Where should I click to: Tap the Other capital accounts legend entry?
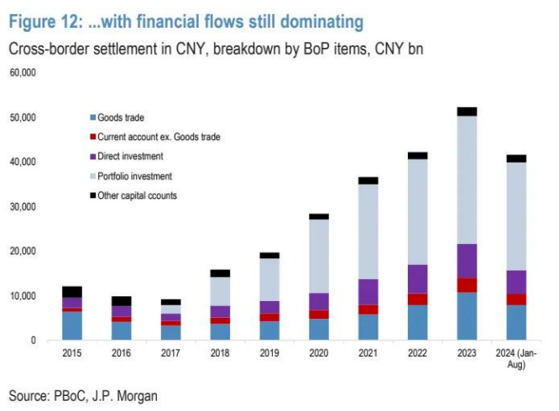pos(137,195)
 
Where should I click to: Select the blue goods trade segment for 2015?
pos(72,325)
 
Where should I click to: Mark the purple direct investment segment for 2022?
pos(417,278)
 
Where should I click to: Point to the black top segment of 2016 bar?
pos(122,301)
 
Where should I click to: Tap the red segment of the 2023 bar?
pos(467,285)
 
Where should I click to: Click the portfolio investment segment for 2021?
pos(368,232)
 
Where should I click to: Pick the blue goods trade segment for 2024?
pos(516,323)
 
